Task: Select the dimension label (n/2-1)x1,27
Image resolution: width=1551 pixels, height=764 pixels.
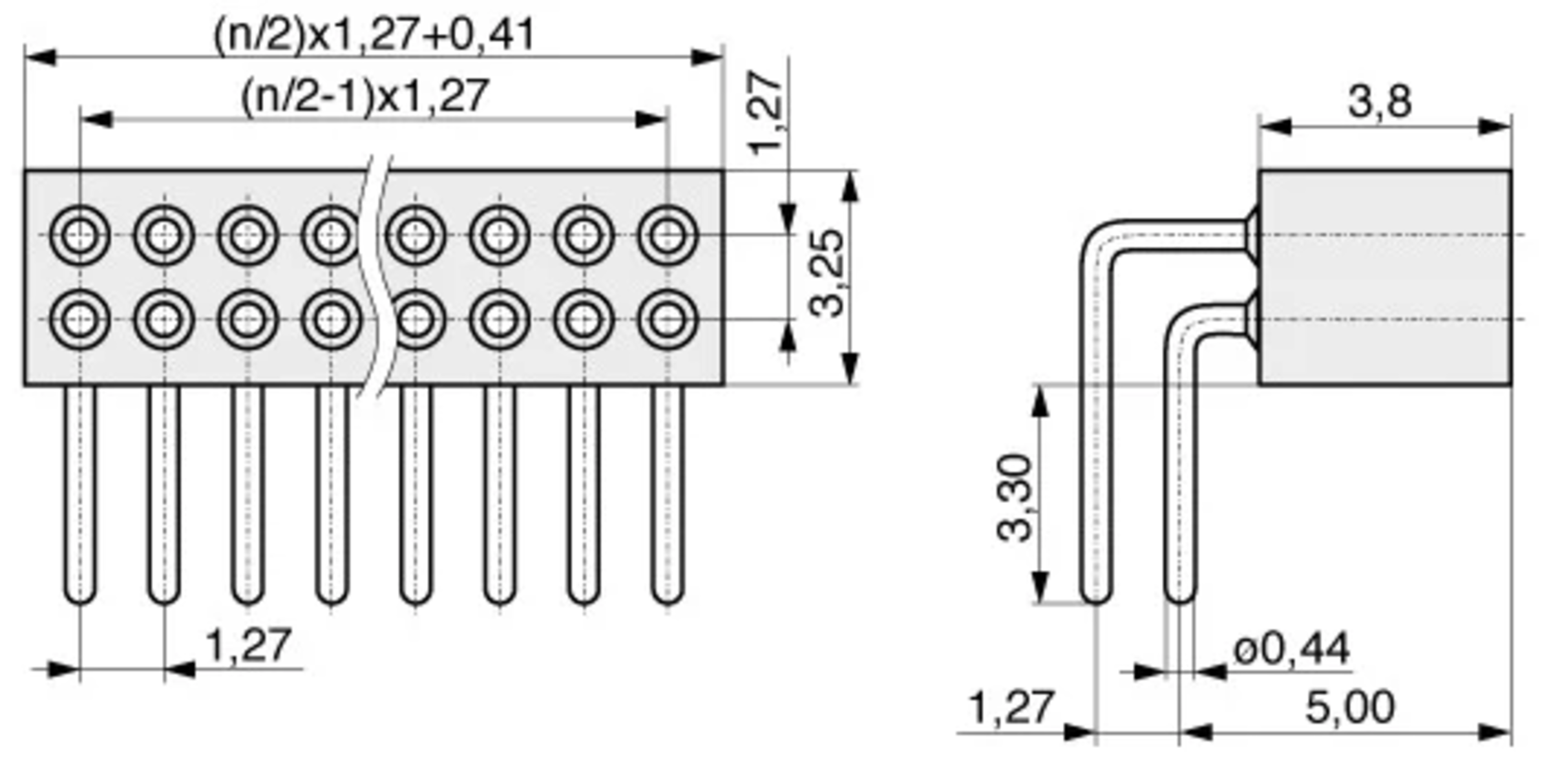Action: pyautogui.click(x=364, y=96)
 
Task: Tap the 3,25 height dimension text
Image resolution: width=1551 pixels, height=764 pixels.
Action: pyautogui.click(x=827, y=274)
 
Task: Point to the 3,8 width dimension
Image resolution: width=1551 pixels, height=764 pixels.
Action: pyautogui.click(x=1380, y=102)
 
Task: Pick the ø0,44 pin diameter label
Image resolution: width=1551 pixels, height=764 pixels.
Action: pyautogui.click(x=1291, y=649)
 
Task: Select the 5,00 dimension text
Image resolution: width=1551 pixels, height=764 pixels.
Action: pyautogui.click(x=1350, y=707)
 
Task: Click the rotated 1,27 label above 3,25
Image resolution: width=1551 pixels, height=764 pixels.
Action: pyautogui.click(x=766, y=113)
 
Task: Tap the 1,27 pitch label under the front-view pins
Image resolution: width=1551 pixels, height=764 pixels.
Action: pyautogui.click(x=248, y=644)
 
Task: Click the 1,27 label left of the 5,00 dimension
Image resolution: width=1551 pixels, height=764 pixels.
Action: pyautogui.click(x=1011, y=707)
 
